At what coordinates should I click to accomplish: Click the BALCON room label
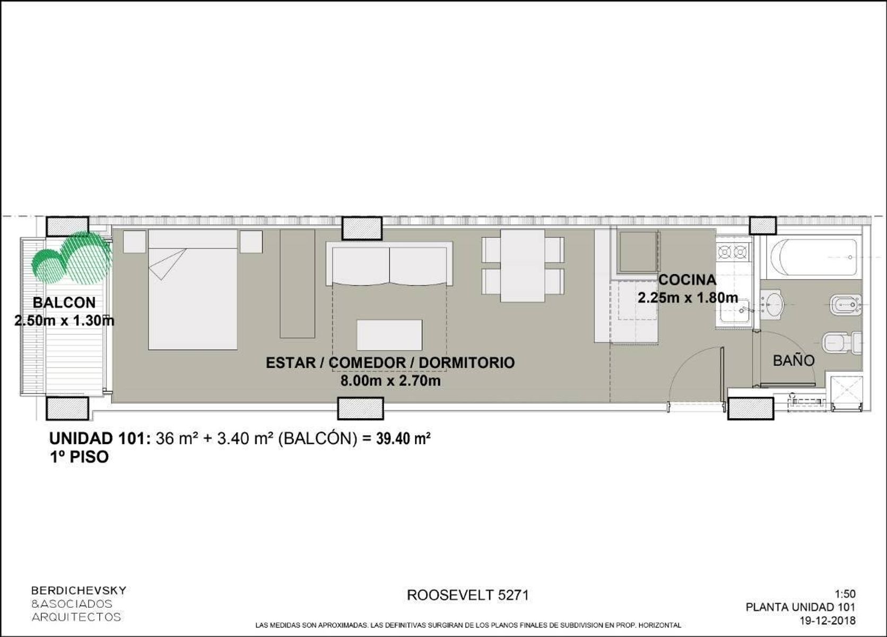(64, 303)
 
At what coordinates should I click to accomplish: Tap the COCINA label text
(687, 280)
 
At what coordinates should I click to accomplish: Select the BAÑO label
(794, 360)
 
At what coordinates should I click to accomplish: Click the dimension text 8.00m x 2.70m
(390, 381)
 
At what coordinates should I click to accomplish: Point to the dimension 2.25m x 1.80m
(688, 297)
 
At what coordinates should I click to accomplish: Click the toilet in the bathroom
(842, 343)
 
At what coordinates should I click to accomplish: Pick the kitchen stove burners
(733, 252)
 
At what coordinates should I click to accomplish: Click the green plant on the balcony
(72, 257)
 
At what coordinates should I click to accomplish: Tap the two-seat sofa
(389, 263)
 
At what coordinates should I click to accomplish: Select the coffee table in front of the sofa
(389, 335)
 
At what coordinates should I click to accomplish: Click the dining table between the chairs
(523, 266)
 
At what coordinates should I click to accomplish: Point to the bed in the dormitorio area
(193, 290)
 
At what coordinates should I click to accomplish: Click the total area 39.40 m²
(403, 439)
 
